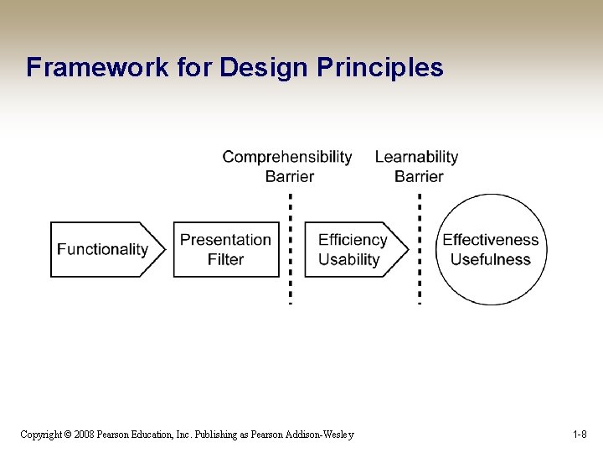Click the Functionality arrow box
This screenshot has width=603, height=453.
pyautogui.click(x=103, y=249)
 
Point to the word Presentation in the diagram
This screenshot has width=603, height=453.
pyautogui.click(x=225, y=240)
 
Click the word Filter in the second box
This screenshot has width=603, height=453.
pyautogui.click(x=225, y=259)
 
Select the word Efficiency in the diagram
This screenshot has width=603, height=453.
pyautogui.click(x=352, y=240)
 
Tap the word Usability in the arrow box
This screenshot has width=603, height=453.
pyautogui.click(x=348, y=259)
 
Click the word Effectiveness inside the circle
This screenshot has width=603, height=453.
pyautogui.click(x=490, y=240)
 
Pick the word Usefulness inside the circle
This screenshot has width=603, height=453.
pyautogui.click(x=490, y=259)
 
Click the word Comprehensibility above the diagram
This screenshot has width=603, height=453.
pyautogui.click(x=287, y=157)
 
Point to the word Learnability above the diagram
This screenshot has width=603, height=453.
pyautogui.click(x=416, y=157)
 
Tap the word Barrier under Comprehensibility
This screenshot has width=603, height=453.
pyautogui.click(x=289, y=176)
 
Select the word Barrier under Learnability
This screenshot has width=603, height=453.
pyautogui.click(x=418, y=176)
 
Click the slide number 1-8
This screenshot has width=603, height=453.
pyautogui.click(x=580, y=435)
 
